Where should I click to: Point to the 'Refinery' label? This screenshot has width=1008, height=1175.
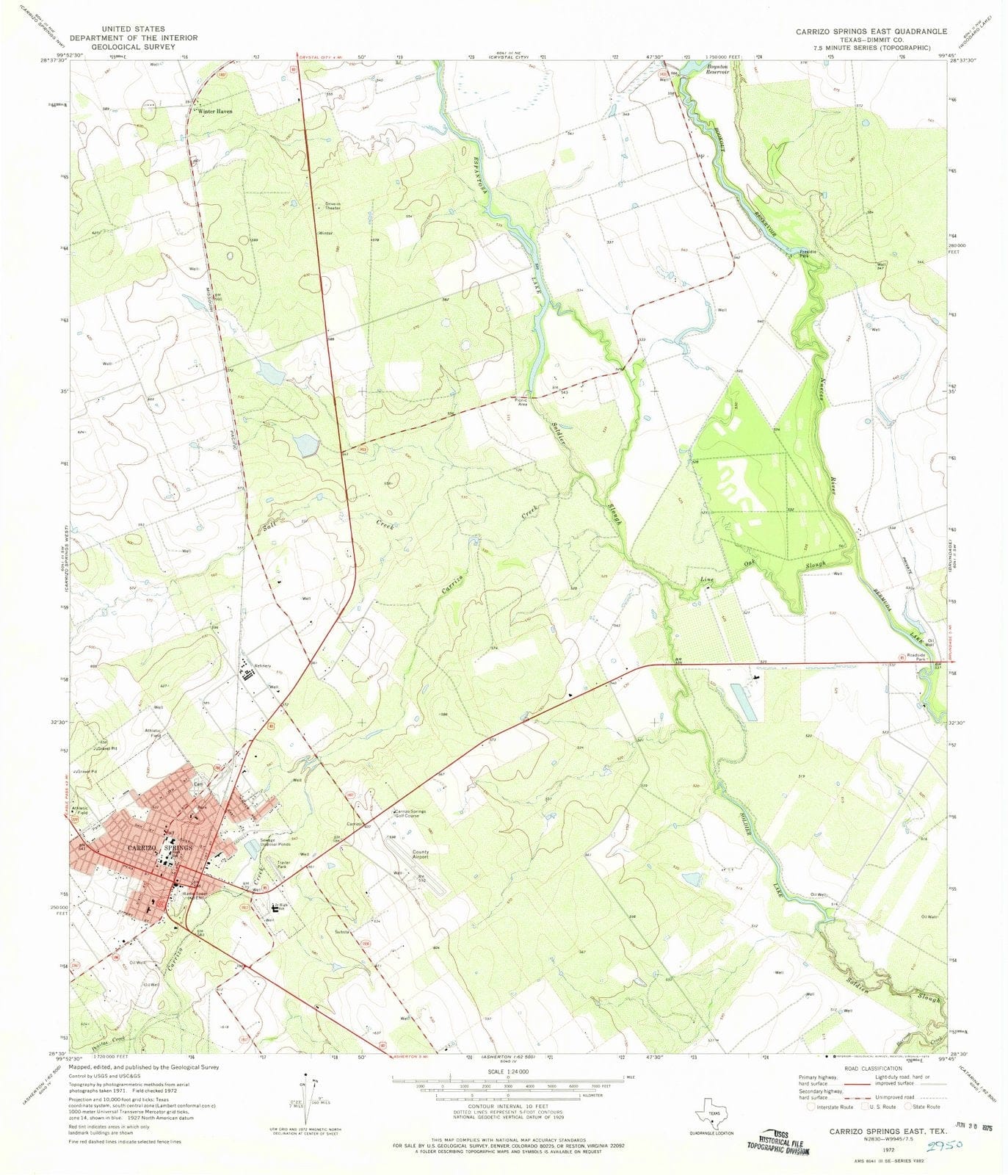(263, 666)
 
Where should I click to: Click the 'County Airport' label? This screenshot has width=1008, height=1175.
(421, 854)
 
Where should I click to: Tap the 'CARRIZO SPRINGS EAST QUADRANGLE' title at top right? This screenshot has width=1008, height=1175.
(871, 32)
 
